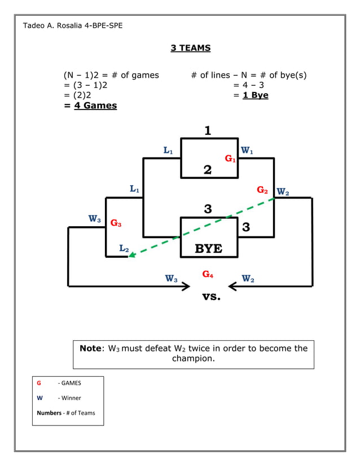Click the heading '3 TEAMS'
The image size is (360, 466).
pyautogui.click(x=191, y=48)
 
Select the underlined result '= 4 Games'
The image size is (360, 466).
pyautogui.click(x=91, y=105)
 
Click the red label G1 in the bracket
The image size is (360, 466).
pyautogui.click(x=230, y=159)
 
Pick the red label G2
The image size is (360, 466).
pyautogui.click(x=262, y=190)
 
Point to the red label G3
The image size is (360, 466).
pyautogui.click(x=116, y=223)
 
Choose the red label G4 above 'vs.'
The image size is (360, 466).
pyautogui.click(x=208, y=275)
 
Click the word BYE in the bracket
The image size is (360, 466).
pyautogui.click(x=208, y=249)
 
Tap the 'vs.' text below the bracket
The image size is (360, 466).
pyautogui.click(x=211, y=296)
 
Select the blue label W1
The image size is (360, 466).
pyautogui.click(x=247, y=151)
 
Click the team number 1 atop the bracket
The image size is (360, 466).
pyautogui.click(x=208, y=131)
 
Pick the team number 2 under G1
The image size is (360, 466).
pyautogui.click(x=208, y=170)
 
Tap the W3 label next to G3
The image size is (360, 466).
pyautogui.click(x=95, y=219)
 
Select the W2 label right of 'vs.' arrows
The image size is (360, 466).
pyautogui.click(x=248, y=279)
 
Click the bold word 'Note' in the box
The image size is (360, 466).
pyautogui.click(x=90, y=348)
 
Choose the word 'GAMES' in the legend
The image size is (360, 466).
pyautogui.click(x=71, y=383)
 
